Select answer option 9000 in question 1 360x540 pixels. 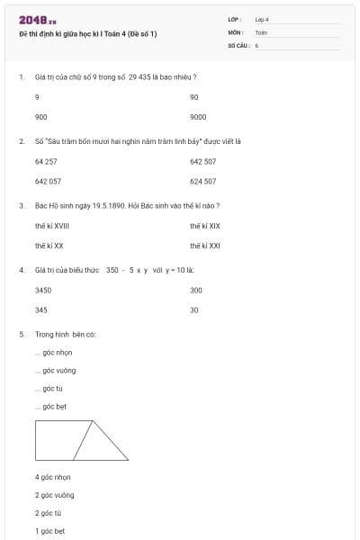(x=198, y=117)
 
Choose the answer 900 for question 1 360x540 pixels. (x=40, y=117)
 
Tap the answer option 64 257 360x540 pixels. (x=46, y=161)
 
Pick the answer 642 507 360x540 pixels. (x=202, y=161)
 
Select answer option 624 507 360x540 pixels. (x=202, y=181)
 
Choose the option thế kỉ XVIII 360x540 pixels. (x=52, y=226)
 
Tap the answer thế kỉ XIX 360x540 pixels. (x=204, y=226)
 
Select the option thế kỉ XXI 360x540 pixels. (x=204, y=245)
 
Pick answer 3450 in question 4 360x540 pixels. (x=43, y=290)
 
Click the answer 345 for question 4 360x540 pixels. (x=40, y=310)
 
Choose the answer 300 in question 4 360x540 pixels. (x=196, y=290)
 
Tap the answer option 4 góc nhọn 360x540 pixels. (x=52, y=477)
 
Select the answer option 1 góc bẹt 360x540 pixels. (x=49, y=531)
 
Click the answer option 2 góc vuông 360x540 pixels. (x=54, y=495)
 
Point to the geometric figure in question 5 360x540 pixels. (x=81, y=440)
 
